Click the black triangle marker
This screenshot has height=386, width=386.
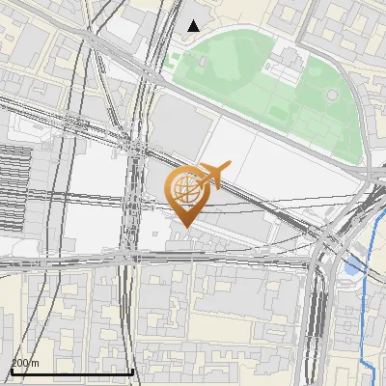[x=194, y=26]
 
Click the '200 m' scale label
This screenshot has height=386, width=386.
[x=25, y=363]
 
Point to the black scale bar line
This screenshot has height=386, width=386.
[x=71, y=372]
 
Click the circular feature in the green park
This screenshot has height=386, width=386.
[x=332, y=96]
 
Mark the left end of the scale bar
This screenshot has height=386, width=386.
[x=12, y=372]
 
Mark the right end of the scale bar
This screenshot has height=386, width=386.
[x=132, y=372]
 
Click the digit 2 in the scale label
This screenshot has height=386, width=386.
[x=14, y=363]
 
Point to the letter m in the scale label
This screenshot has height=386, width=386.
[x=36, y=364]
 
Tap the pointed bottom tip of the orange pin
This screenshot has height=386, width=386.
[x=183, y=226]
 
